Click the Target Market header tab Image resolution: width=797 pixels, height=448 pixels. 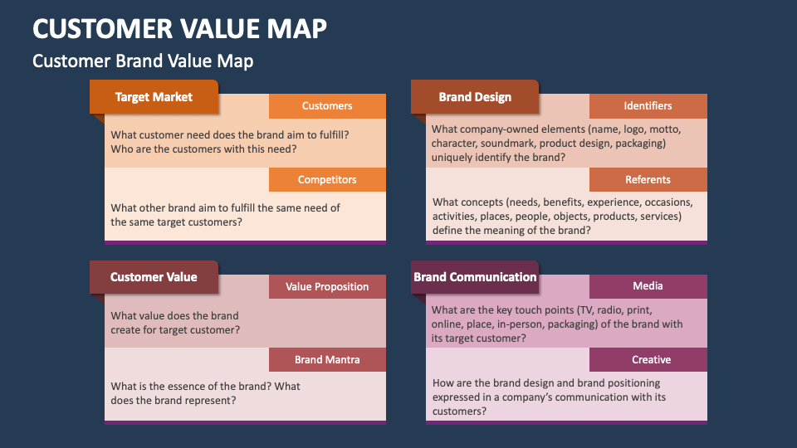click(x=154, y=97)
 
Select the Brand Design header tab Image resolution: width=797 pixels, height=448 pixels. click(x=475, y=97)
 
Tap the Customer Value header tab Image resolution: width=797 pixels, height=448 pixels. click(x=154, y=277)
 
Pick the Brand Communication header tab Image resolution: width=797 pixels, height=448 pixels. click(x=475, y=277)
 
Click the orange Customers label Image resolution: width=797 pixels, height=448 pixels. click(x=327, y=106)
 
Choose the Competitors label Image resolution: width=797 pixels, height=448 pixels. click(x=327, y=180)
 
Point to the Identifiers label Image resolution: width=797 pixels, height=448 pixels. click(x=648, y=106)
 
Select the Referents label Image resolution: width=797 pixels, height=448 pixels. click(x=648, y=180)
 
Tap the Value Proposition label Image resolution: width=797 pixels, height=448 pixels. click(x=327, y=287)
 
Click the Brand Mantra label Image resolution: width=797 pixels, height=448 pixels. click(x=327, y=360)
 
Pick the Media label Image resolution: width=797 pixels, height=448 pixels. click(x=648, y=286)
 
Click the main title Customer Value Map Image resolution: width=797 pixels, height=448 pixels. click(x=179, y=28)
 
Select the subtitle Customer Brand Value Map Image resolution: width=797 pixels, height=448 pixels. click(x=143, y=61)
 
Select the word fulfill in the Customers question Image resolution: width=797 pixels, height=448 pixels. click(x=330, y=134)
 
